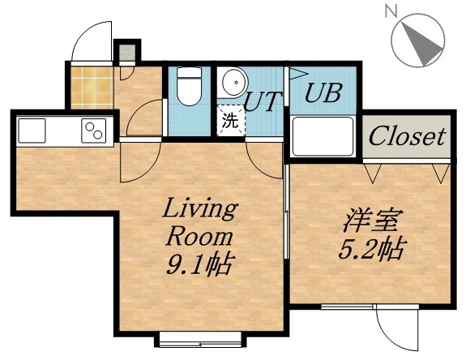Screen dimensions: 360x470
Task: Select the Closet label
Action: click(x=408, y=136)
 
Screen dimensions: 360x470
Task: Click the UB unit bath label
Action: click(x=322, y=92)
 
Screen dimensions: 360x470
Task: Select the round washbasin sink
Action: click(x=233, y=83)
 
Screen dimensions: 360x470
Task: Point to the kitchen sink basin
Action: click(x=34, y=129)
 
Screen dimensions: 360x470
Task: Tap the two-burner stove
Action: click(x=93, y=129)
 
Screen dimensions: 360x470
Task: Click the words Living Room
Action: click(x=199, y=222)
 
